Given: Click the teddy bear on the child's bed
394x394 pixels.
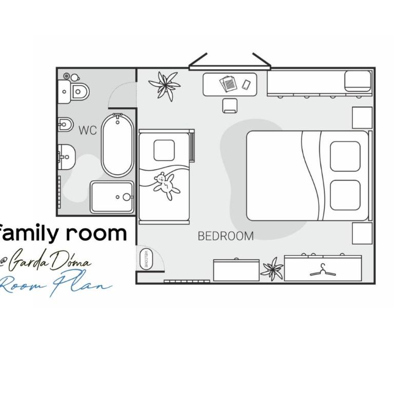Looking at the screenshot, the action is tap(166, 186).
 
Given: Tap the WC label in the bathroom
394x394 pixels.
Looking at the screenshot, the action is tap(88, 130).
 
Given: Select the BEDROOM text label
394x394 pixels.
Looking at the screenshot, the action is tap(226, 236).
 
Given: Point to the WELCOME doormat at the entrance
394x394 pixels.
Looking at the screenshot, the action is tap(146, 259).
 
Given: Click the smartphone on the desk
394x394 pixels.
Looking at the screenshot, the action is tap(246, 85).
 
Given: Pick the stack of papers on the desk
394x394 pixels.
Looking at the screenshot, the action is tap(228, 84).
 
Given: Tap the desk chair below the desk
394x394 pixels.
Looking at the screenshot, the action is tap(230, 106).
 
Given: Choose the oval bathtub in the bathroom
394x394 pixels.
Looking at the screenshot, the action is tap(117, 146).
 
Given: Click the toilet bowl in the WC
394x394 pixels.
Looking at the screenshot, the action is tap(80, 92).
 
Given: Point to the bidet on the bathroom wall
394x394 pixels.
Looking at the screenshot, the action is tap(66, 124).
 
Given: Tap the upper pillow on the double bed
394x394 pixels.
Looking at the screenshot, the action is tap(345, 156).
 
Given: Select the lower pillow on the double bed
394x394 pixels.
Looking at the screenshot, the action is tap(345, 195).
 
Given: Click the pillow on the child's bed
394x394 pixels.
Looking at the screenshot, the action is tap(164, 150).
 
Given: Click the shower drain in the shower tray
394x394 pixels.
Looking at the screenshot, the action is tap(117, 197).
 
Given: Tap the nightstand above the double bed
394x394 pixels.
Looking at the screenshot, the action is tap(362, 117).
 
